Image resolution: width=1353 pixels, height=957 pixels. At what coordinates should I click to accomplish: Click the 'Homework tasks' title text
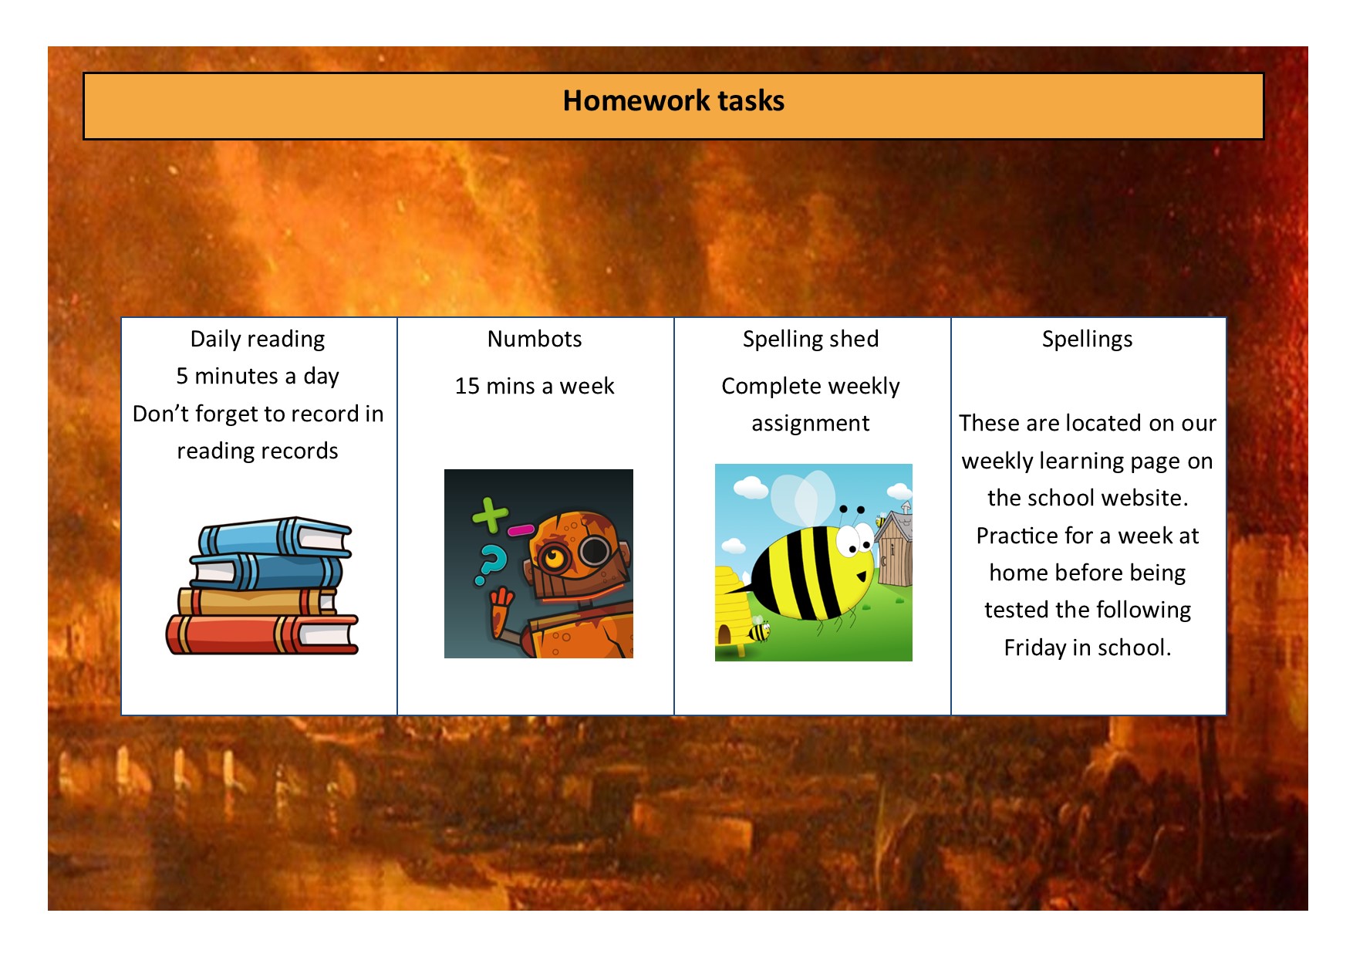click(x=673, y=101)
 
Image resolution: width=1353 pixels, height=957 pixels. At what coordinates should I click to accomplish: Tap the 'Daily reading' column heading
click(x=258, y=340)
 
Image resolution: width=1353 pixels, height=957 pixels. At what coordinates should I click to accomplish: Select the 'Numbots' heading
click(x=535, y=339)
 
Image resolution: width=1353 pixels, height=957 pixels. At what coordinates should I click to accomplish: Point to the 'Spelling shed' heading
click(x=811, y=340)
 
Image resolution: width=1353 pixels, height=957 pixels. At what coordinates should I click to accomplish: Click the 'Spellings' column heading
click(x=1087, y=340)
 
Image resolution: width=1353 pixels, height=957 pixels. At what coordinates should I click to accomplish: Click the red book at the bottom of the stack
click(x=262, y=634)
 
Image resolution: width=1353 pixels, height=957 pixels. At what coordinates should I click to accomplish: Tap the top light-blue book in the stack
click(x=275, y=536)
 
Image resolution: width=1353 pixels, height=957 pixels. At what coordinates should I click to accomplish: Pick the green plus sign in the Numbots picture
click(x=490, y=516)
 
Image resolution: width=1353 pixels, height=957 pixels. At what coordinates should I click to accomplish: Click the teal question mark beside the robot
click(x=491, y=565)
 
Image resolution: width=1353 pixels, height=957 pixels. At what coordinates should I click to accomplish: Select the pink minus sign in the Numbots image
click(x=521, y=530)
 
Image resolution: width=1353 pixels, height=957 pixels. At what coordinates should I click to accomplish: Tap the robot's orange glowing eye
click(x=553, y=556)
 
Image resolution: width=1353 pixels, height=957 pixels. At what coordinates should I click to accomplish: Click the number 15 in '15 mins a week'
click(x=467, y=386)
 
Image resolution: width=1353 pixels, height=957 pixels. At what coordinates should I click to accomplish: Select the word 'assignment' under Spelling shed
click(x=811, y=424)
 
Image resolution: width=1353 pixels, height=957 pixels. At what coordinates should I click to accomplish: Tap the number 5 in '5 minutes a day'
click(x=182, y=377)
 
